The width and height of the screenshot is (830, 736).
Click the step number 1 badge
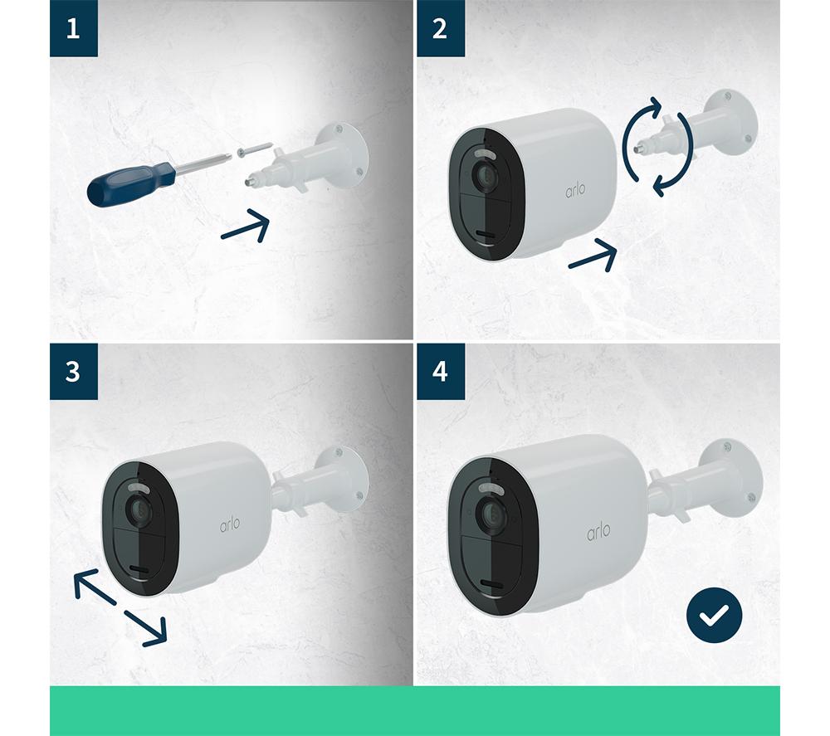point(74,28)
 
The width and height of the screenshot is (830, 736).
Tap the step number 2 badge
point(441,28)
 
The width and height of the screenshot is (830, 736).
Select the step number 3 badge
point(74,371)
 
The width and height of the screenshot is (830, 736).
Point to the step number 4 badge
point(441,371)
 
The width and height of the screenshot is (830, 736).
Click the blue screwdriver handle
point(130,185)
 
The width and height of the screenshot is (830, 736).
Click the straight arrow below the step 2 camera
point(593,256)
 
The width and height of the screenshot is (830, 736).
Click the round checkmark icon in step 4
point(714,615)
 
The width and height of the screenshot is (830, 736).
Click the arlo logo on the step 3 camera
point(230,524)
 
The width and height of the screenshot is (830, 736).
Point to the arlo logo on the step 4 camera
point(598,531)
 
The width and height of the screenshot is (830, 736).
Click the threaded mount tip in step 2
point(644,144)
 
